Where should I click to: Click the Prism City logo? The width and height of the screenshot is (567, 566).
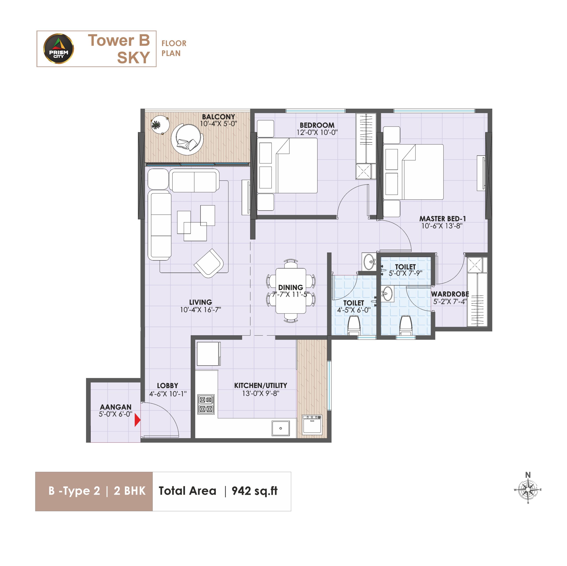pyautogui.click(x=59, y=49)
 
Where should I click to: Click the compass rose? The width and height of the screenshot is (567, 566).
pyautogui.click(x=528, y=490)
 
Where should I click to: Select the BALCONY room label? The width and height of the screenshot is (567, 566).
pyautogui.click(x=218, y=117)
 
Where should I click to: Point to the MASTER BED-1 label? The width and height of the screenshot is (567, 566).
pyautogui.click(x=442, y=219)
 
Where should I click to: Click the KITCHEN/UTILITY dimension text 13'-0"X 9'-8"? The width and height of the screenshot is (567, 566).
pyautogui.click(x=261, y=393)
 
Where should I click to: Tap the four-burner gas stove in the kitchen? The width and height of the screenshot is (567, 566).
pyautogui.click(x=206, y=404)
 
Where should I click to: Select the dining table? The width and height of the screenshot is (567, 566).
pyautogui.click(x=291, y=291)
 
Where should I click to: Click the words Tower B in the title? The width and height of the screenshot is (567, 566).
pyautogui.click(x=119, y=40)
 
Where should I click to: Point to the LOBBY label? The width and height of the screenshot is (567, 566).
pyautogui.click(x=167, y=386)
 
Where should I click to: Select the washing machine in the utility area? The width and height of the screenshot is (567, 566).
pyautogui.click(x=312, y=424)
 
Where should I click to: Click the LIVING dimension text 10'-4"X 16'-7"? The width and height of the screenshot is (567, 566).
pyautogui.click(x=200, y=310)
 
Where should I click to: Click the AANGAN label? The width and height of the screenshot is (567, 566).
pyautogui.click(x=116, y=407)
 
